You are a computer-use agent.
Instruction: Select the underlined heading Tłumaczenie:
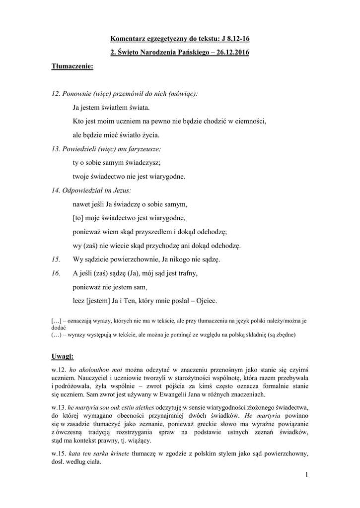tap(72, 67)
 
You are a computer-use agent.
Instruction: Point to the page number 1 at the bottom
tap(307, 476)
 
